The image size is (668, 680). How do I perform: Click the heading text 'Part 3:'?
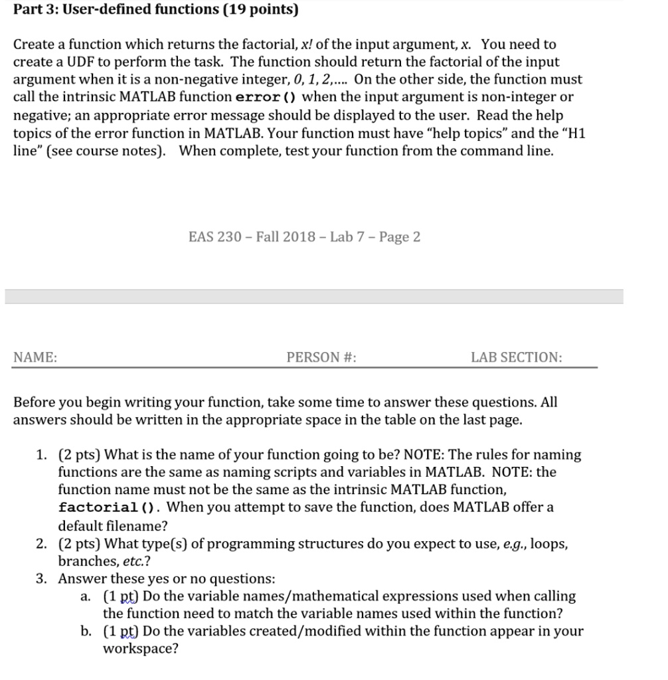35,10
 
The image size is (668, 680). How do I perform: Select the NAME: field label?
35,357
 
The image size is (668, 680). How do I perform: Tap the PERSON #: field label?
321,357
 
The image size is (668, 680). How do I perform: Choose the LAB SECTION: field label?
516,357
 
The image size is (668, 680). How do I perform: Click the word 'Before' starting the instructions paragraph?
35,402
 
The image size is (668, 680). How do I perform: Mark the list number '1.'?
42,455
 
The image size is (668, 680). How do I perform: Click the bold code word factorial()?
110,508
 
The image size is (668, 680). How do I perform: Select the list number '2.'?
42,544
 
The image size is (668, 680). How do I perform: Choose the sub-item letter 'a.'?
86,596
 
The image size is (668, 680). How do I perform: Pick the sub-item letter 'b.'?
86,631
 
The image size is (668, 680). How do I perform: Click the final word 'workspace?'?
140,649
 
